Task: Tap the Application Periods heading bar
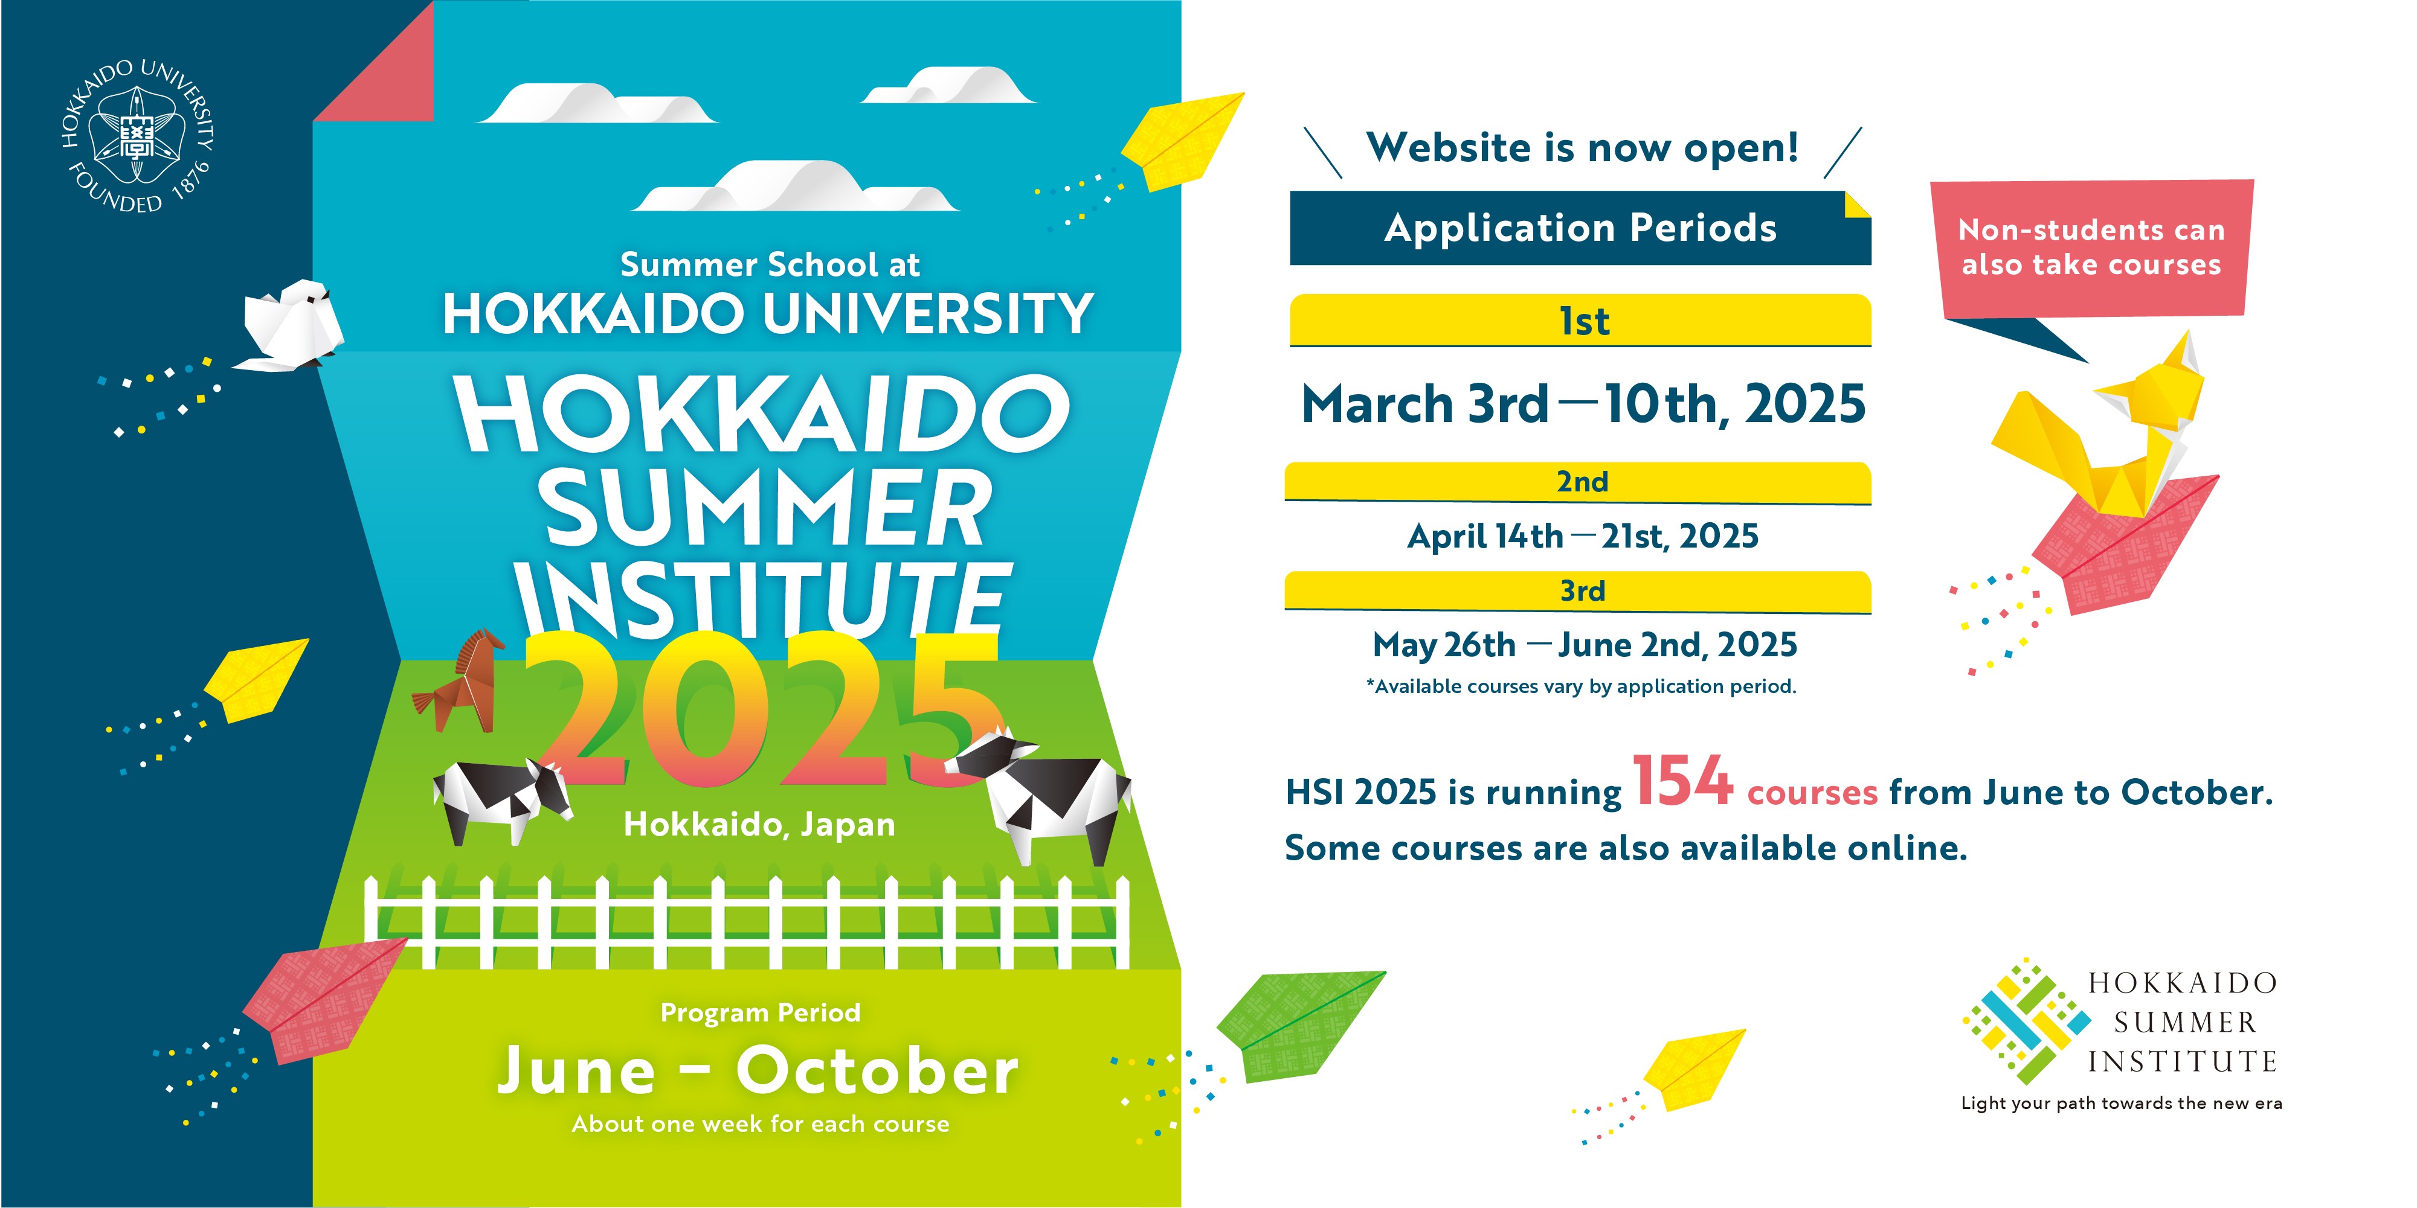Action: (1580, 228)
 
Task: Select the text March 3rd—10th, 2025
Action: (1584, 404)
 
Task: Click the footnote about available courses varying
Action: (1581, 686)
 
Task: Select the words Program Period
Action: (760, 1013)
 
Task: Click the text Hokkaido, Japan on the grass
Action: (759, 825)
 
